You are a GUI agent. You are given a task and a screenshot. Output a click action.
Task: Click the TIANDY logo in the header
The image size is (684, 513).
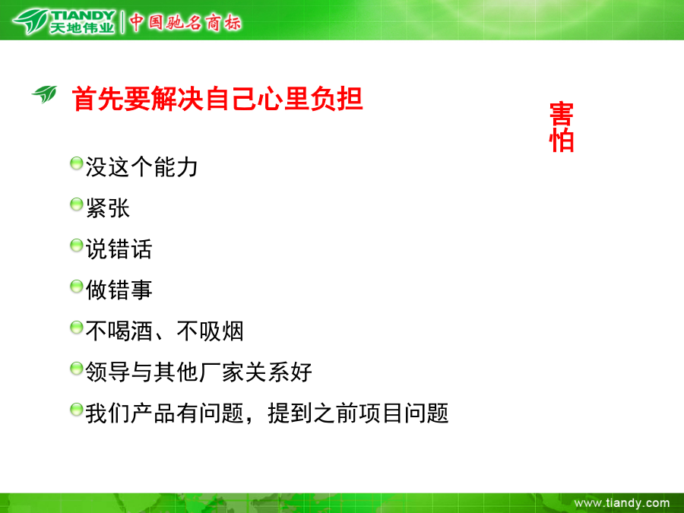coord(64,22)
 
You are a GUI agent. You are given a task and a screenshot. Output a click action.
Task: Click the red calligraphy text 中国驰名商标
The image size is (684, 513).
coord(185,22)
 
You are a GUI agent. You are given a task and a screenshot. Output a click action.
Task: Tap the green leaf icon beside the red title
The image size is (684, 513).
coord(45,93)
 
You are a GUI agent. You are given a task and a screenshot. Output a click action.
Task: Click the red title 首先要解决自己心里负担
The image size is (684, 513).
coord(217,99)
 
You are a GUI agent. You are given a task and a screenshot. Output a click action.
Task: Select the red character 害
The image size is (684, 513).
coord(562,114)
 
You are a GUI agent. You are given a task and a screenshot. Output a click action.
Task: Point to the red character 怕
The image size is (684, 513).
coord(562,141)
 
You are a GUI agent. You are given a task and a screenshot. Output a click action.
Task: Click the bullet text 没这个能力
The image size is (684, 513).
coord(142,166)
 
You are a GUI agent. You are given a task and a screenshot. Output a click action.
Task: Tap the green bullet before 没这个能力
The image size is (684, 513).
coord(76,163)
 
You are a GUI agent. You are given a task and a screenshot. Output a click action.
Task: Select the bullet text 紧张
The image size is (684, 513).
coord(108,207)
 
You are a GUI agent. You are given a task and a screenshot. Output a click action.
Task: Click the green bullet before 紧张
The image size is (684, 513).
coord(76,204)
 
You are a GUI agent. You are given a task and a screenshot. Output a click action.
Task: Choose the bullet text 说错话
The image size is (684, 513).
coord(119,249)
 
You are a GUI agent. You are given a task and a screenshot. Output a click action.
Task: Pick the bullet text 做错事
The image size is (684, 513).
coord(119,290)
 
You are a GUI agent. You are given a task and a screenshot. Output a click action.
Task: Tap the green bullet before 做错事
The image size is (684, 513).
coord(76,287)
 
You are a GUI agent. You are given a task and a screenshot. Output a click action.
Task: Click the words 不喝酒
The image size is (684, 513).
coord(119,331)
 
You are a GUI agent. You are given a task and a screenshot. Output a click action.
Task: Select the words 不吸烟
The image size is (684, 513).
coord(210,331)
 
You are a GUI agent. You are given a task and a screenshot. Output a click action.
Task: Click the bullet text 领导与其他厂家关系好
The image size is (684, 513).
coord(198,372)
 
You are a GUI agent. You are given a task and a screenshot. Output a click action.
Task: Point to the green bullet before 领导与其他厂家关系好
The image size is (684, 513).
coord(76,369)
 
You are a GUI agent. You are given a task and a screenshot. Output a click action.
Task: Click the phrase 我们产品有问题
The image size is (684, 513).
coord(164,413)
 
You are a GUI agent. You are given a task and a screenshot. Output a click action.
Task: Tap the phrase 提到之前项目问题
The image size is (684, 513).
coord(358,413)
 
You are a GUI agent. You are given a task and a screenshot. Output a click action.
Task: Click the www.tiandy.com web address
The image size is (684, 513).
coord(622,503)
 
